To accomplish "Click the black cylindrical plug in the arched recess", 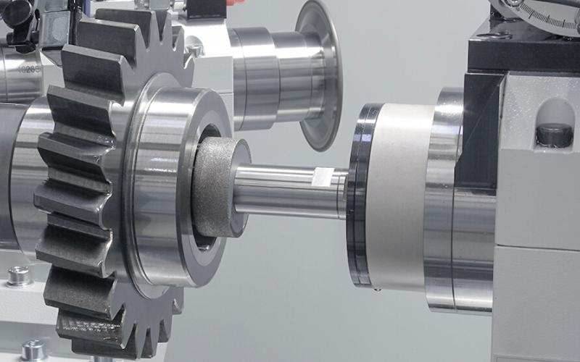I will pos(553,135).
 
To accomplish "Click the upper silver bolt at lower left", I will pos(18,276).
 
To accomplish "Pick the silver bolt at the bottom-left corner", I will pos(33,350).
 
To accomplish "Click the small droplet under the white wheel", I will pos(378,291).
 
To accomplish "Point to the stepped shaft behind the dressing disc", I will pos(268,72).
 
